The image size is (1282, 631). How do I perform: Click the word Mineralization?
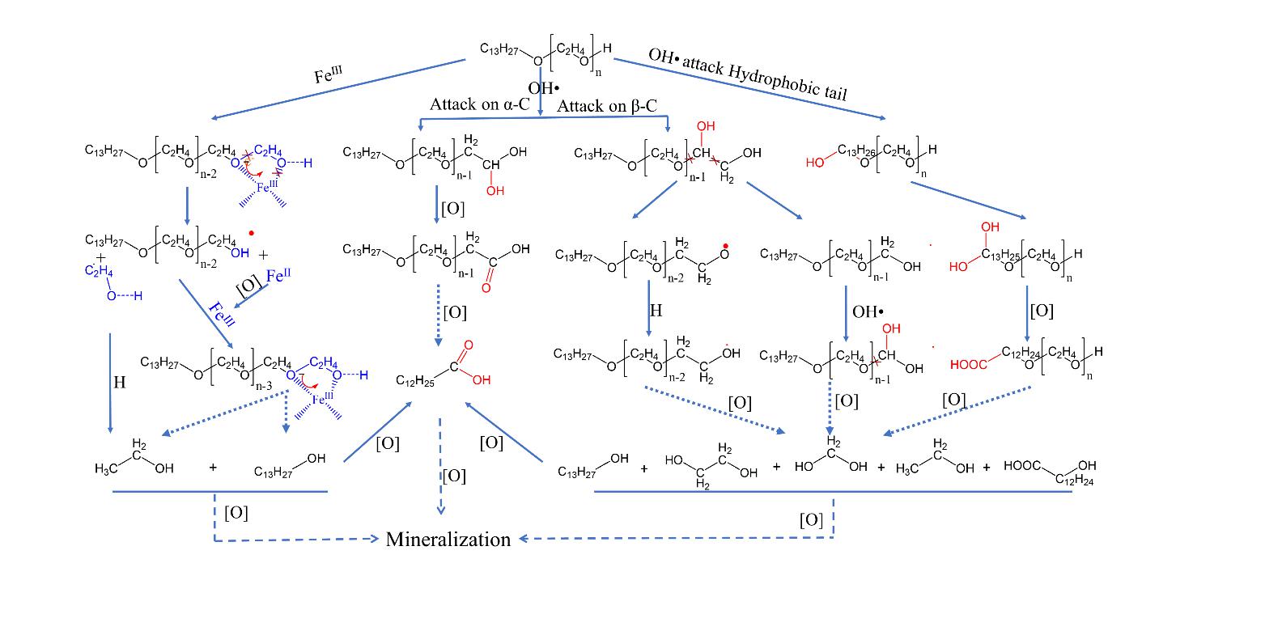(x=448, y=540)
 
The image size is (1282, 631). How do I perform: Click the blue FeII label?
(x=277, y=277)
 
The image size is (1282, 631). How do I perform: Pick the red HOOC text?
(x=968, y=365)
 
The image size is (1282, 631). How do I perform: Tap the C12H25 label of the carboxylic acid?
(x=415, y=381)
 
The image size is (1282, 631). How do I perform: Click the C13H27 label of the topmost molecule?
(x=499, y=49)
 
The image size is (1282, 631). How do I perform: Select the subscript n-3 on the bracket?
(x=263, y=386)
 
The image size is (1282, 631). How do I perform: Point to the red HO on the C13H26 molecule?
(x=814, y=163)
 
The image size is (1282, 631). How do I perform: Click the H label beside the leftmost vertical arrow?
(x=120, y=383)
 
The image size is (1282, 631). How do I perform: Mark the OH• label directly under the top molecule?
(x=544, y=87)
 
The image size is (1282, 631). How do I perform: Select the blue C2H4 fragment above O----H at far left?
(x=99, y=270)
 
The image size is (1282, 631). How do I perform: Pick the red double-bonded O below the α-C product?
(x=486, y=287)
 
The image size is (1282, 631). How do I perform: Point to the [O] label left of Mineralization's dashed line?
(x=236, y=512)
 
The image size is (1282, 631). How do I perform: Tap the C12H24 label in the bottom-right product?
(x=1073, y=480)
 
